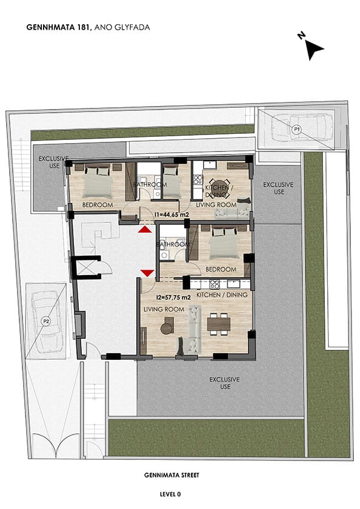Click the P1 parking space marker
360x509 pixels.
coord(296,130)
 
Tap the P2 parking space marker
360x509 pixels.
coord(46,321)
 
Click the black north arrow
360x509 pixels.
coord(314,50)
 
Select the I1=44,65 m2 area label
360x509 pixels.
coord(172,215)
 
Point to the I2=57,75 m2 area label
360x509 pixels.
coord(173,297)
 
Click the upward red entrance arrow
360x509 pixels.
coord(144,230)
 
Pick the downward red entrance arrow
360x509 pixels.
coord(147,273)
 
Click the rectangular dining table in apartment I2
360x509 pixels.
coord(219,324)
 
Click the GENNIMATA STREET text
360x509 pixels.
coord(172,475)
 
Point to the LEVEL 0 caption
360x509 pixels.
coord(170,494)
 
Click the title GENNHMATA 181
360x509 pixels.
coord(59,27)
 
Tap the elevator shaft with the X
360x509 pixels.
coord(85,268)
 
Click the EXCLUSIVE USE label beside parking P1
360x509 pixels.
coord(278,188)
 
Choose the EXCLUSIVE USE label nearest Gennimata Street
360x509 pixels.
coord(225,383)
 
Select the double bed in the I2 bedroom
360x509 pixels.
coord(224,244)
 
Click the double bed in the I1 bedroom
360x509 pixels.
coord(98,181)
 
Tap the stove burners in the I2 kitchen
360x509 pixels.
coord(215,284)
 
